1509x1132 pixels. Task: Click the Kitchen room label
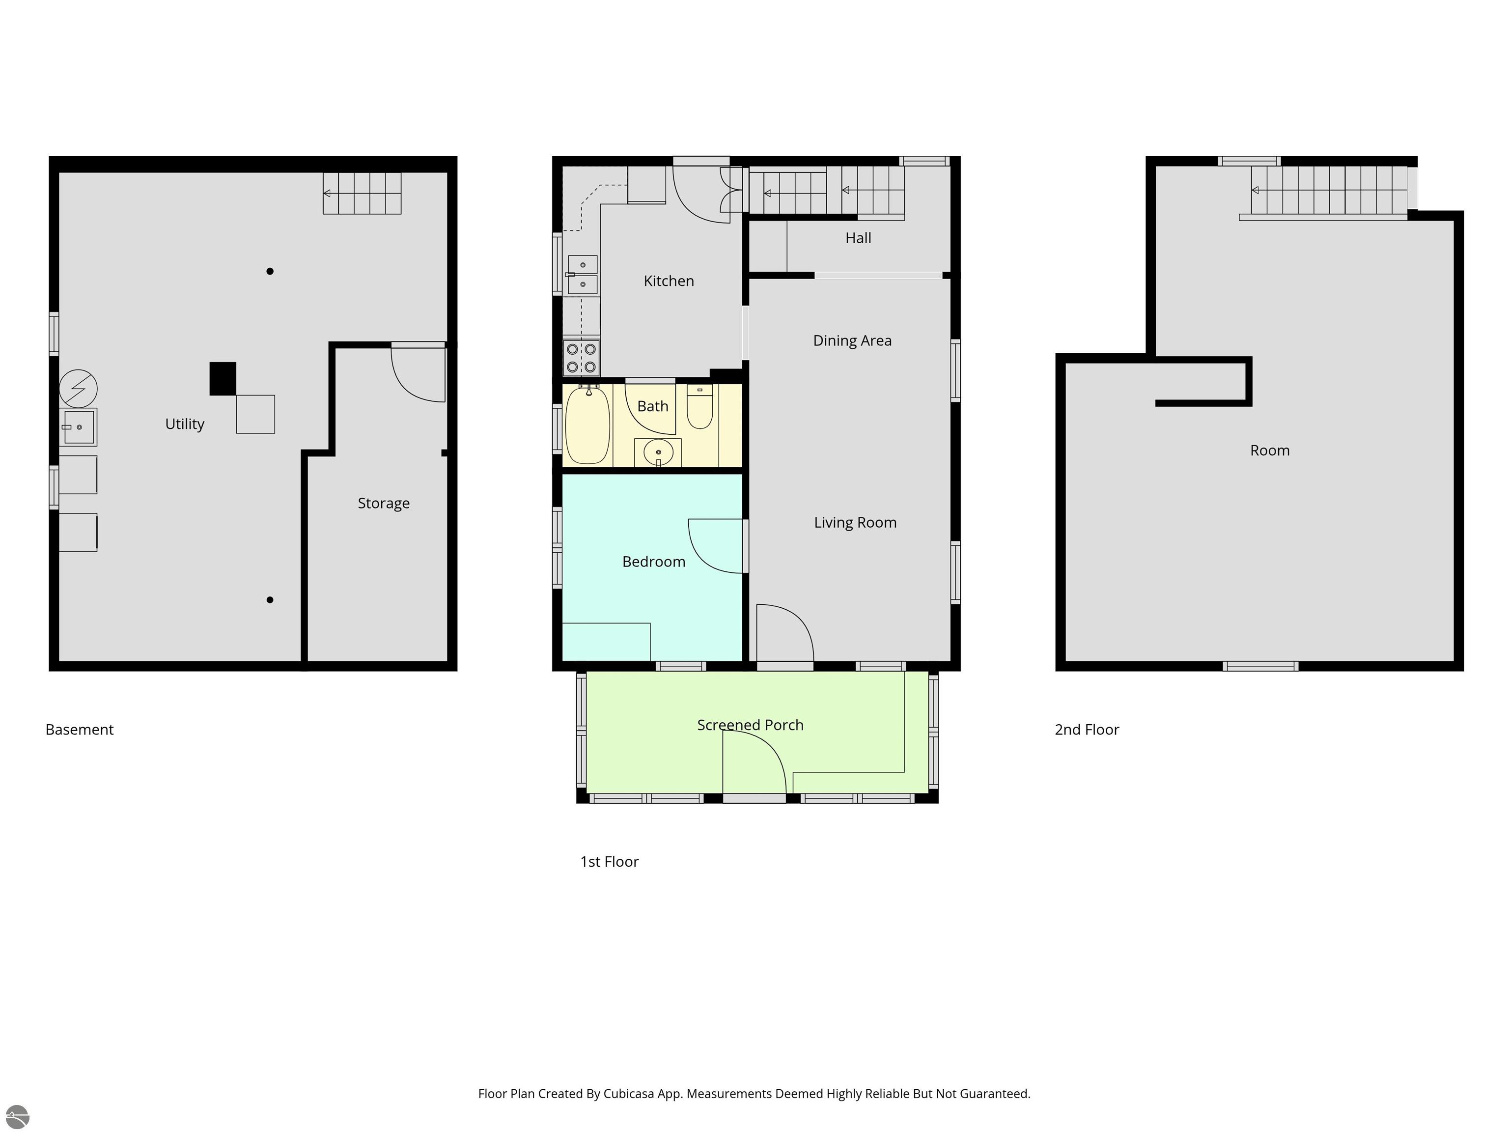pos(669,281)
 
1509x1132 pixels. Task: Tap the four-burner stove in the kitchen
pos(581,358)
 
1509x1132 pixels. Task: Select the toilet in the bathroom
pos(699,407)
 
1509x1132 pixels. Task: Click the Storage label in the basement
pos(383,503)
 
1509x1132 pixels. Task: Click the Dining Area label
pos(852,340)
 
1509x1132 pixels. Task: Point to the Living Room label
pos(855,523)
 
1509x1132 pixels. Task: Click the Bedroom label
pos(653,562)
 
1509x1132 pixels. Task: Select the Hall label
pos(858,238)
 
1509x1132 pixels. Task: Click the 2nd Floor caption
pos(1087,730)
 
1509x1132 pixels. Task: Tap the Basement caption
pos(79,730)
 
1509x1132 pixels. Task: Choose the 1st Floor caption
pos(609,862)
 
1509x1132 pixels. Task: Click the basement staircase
pos(362,193)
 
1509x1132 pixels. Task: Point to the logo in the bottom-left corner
pos(17,1117)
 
